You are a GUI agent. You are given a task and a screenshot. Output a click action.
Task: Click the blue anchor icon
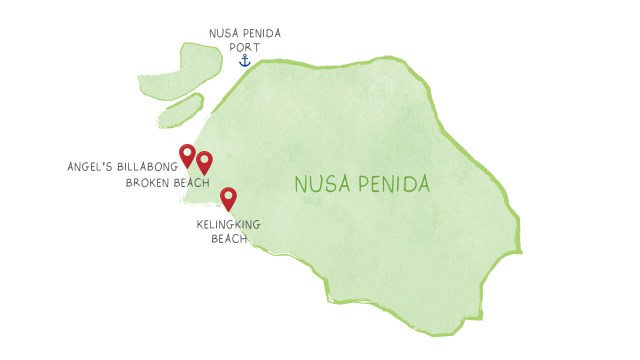243,60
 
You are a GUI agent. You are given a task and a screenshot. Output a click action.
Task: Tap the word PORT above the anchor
244,46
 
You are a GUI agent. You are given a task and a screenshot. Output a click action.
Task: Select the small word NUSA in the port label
221,33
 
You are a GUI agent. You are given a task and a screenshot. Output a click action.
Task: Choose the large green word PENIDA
395,185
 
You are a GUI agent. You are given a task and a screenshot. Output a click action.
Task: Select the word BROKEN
148,183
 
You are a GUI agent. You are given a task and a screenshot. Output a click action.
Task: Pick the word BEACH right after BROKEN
191,183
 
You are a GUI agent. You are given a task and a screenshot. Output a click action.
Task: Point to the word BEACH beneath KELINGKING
229,238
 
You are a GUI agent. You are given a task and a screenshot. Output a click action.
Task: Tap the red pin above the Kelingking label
228,198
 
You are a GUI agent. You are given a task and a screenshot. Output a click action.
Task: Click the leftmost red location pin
187,155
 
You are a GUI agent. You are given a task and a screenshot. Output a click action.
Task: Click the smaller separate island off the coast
181,110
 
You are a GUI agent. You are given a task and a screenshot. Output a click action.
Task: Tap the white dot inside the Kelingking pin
228,194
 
